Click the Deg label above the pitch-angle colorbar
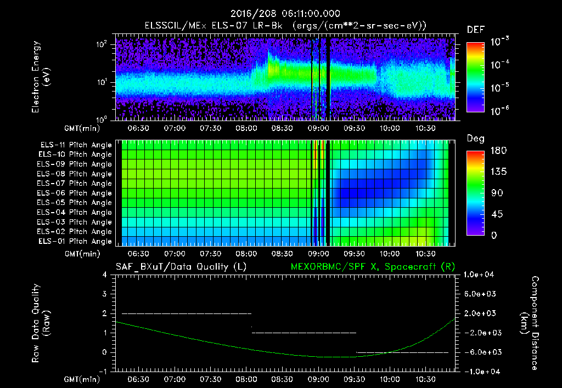tap(475, 139)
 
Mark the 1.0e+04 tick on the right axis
tap(480, 275)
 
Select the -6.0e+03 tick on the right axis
tap(480, 352)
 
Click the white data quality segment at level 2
tap(187, 313)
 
